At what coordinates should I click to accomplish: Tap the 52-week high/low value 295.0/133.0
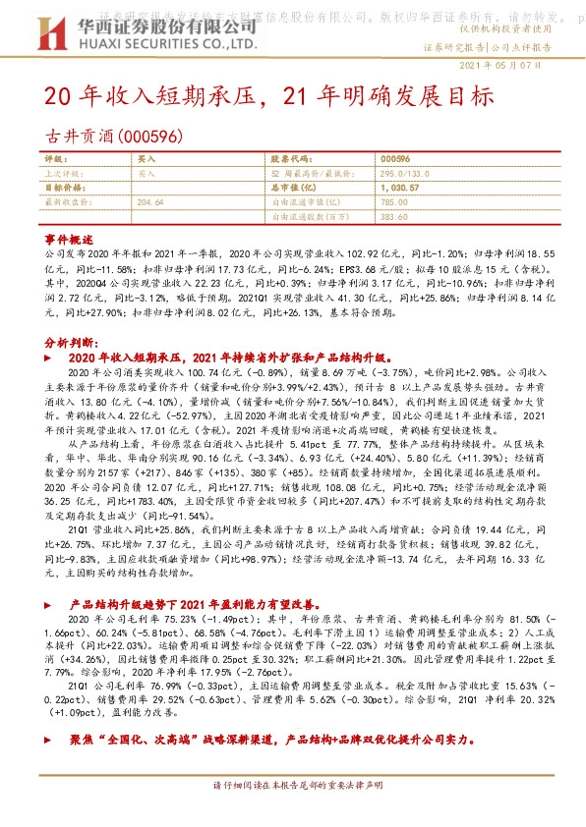click(404, 172)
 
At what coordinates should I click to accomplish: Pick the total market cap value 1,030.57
click(398, 187)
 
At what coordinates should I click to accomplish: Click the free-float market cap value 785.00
click(393, 201)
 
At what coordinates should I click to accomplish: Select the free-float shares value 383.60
click(393, 215)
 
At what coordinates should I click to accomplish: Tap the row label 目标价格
click(64, 187)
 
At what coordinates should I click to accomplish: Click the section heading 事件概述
click(69, 240)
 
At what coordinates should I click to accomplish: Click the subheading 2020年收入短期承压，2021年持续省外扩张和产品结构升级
click(231, 359)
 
